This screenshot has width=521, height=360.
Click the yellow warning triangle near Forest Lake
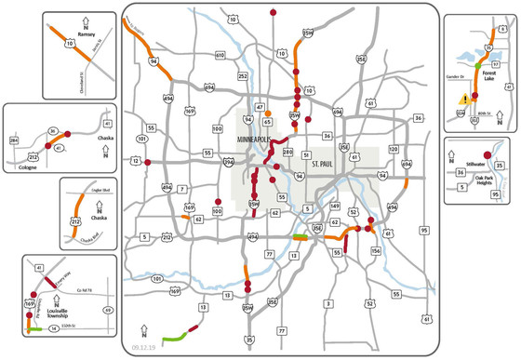point(464,100)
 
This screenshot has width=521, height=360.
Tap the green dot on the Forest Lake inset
point(478,66)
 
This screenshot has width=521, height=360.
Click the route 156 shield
point(376,250)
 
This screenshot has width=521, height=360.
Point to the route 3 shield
point(328,303)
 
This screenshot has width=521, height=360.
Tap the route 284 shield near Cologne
point(13,140)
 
